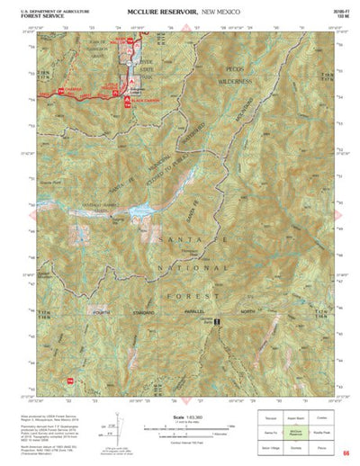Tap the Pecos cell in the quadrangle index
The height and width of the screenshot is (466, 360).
319,445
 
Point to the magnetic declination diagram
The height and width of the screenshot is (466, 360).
112,426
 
